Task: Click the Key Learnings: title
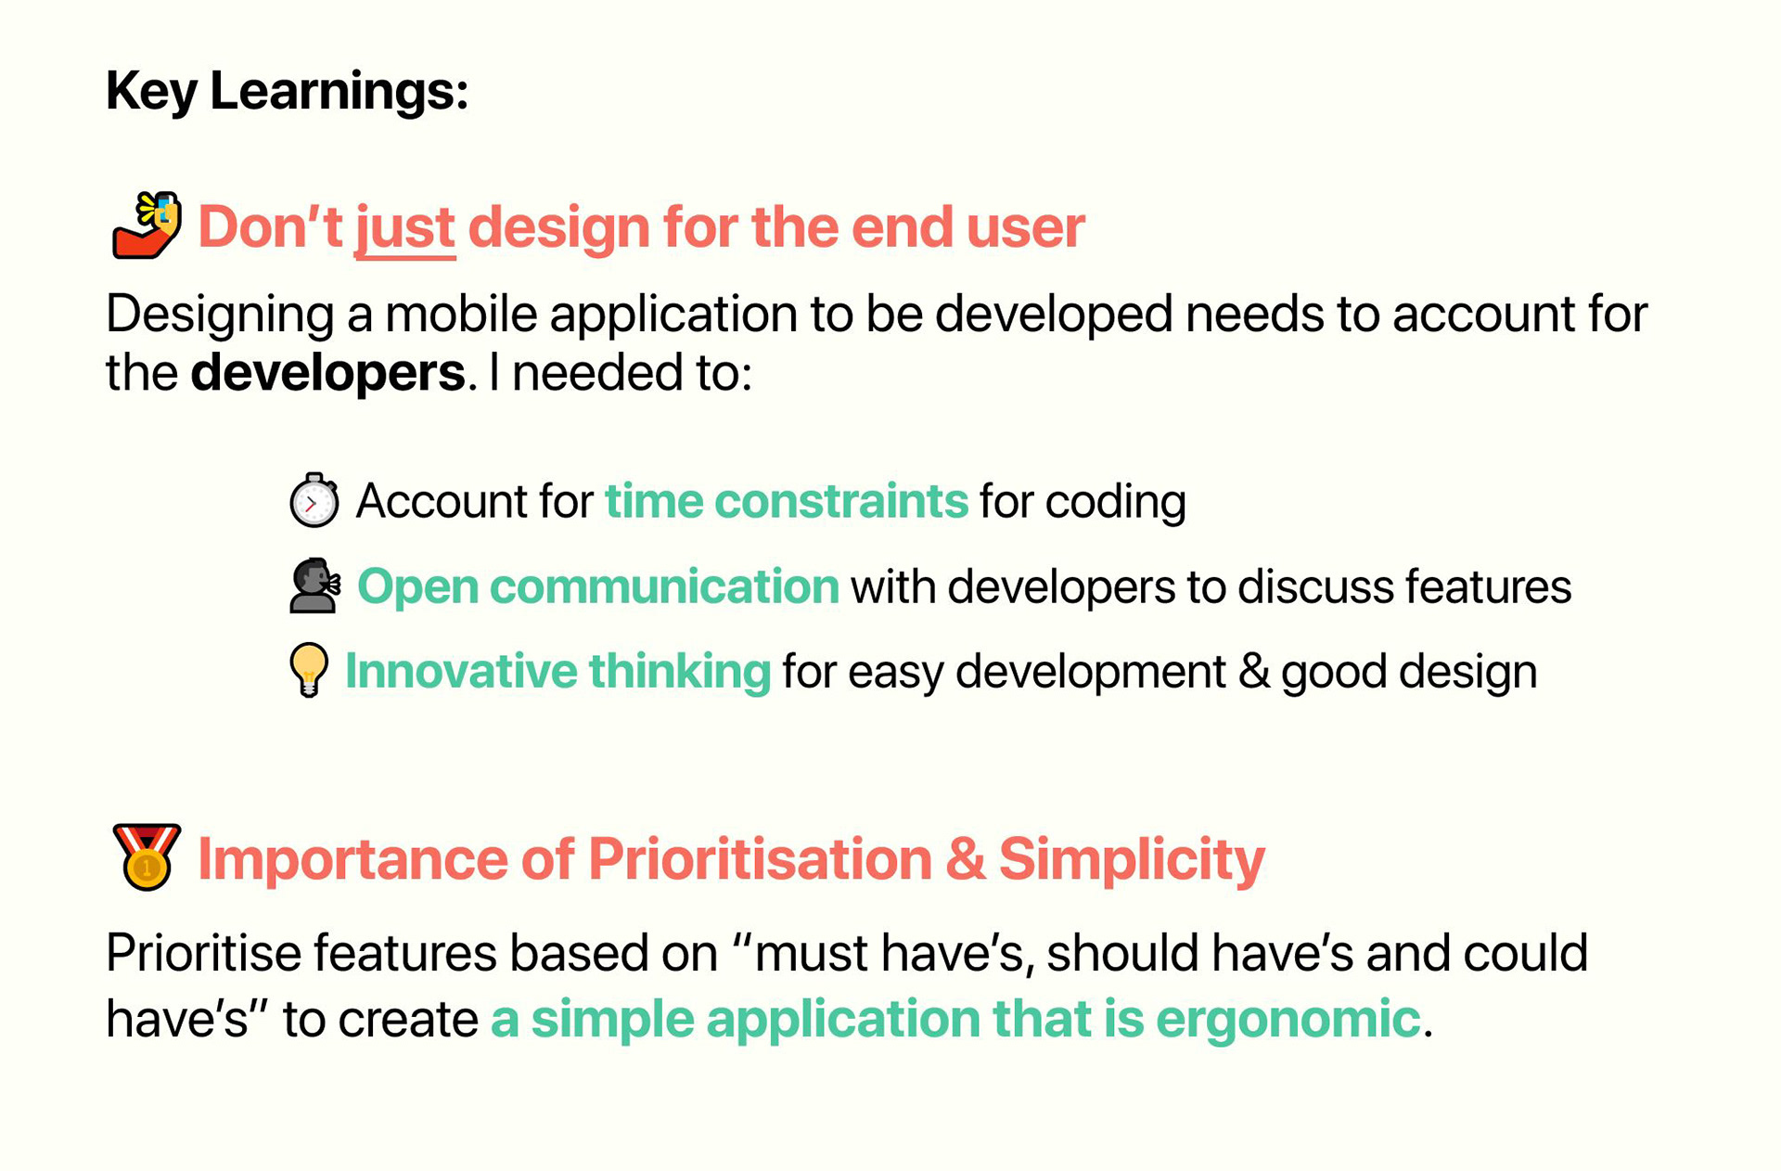(x=287, y=92)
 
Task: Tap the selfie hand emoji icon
(x=147, y=225)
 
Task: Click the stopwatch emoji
(x=314, y=500)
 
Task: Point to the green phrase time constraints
(x=787, y=501)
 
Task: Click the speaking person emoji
(x=314, y=585)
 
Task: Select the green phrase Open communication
(x=598, y=587)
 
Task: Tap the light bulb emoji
(x=309, y=670)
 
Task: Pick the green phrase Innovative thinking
(x=557, y=672)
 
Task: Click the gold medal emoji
(x=146, y=856)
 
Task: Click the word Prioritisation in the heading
(x=760, y=859)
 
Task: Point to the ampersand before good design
(x=1254, y=671)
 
